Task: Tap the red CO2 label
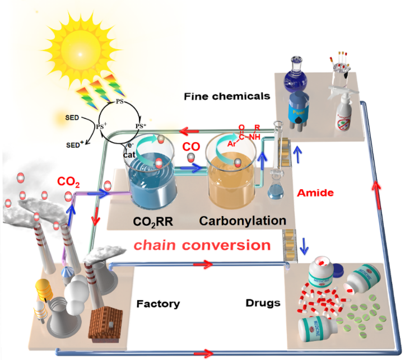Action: (69, 182)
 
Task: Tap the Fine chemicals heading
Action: (227, 96)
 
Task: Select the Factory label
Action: (158, 304)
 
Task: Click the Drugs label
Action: (263, 303)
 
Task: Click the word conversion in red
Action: (234, 245)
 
